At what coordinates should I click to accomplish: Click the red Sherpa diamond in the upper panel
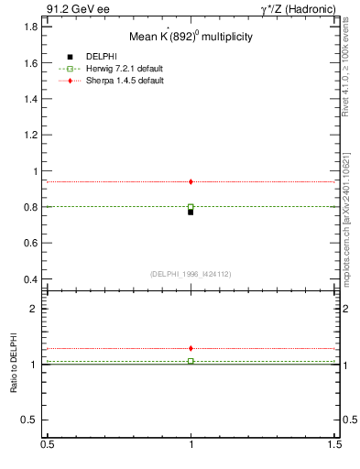(x=191, y=181)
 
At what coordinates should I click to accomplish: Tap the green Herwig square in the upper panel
(x=191, y=207)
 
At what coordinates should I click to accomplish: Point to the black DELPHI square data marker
(x=191, y=212)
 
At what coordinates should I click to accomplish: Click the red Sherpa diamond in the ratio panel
(x=191, y=348)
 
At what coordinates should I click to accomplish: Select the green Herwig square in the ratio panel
(x=191, y=361)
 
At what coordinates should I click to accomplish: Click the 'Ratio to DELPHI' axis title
(x=14, y=365)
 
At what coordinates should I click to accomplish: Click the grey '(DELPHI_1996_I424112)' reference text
(x=190, y=273)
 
